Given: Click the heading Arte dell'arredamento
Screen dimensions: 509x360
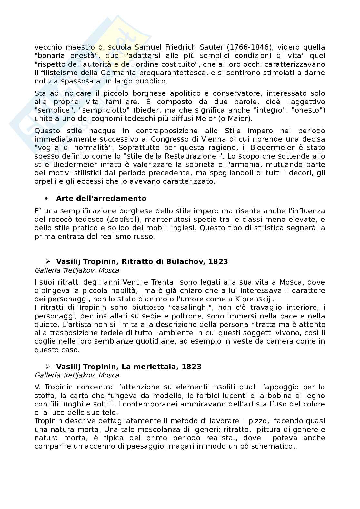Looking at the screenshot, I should (x=101, y=199).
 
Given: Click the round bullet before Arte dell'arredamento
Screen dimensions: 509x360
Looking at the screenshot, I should (x=46, y=199).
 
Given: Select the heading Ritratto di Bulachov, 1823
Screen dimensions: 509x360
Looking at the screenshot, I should (x=142, y=261).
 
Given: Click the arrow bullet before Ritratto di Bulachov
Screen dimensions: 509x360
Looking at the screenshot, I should (x=48, y=261).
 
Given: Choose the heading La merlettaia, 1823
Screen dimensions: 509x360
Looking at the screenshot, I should (x=129, y=367).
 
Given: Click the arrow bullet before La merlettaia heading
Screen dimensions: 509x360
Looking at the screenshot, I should (x=48, y=367).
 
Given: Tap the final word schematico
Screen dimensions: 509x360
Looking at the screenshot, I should (x=276, y=446).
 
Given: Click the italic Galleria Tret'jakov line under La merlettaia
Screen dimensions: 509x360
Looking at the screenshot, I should (x=77, y=375).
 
